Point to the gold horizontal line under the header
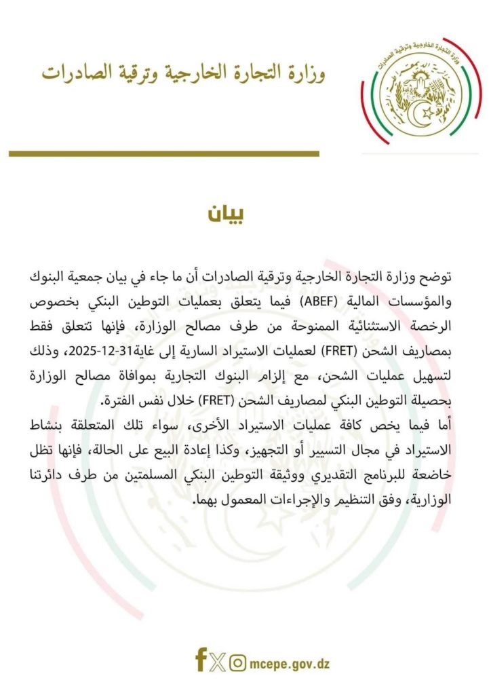click(163, 154)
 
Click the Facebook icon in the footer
click(201, 660)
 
